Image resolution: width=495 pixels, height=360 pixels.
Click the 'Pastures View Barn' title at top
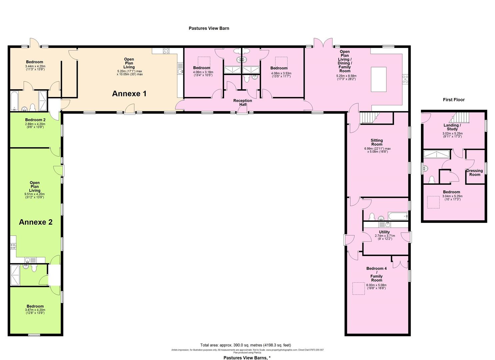(209, 28)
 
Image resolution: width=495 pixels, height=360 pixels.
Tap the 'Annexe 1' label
(129, 94)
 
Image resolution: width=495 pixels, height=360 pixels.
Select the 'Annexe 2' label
(36, 222)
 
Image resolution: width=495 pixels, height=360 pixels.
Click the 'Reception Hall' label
(242, 102)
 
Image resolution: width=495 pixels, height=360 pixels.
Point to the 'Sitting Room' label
(377, 142)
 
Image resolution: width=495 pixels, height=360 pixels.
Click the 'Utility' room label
(384, 232)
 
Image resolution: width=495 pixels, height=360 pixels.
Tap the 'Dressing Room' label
(475, 173)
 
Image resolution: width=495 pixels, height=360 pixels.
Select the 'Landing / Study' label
(452, 127)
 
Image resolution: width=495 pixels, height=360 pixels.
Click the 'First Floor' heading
(453, 100)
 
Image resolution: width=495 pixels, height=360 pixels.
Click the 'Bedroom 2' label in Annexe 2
(35, 120)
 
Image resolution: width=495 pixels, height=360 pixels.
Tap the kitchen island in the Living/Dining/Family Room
(379, 79)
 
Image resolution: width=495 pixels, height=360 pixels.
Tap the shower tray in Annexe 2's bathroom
(15, 275)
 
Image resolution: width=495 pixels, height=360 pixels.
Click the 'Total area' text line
(247, 345)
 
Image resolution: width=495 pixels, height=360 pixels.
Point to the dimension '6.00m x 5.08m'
(376, 285)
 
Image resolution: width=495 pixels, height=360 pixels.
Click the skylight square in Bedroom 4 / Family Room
(359, 288)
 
